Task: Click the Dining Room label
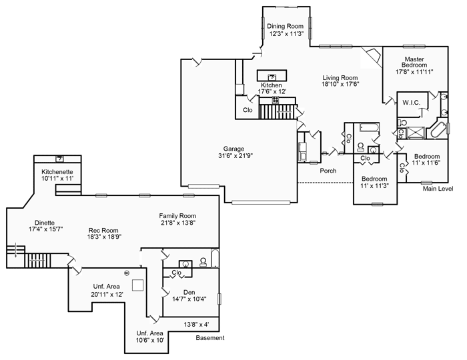285,26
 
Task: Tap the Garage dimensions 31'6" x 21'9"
236,155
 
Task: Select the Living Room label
340,77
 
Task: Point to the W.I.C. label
412,103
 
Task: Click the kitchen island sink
272,77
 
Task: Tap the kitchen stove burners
276,100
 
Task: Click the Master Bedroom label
414,62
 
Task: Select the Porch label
328,171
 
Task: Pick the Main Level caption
438,189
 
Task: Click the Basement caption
210,338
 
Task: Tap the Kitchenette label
57,172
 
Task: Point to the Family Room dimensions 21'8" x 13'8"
177,223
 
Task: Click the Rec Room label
103,230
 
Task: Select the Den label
189,292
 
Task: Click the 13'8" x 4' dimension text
196,324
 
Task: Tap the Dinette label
45,223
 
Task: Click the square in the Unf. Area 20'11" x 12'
137,285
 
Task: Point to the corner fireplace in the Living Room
372,55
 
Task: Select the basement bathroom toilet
203,261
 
